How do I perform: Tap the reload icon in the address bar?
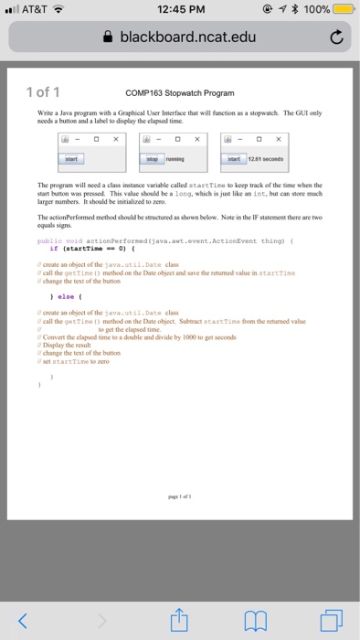click(x=335, y=39)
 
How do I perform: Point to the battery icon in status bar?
click(x=344, y=10)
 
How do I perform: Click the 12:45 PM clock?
click(x=180, y=10)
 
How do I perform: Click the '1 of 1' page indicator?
click(x=44, y=92)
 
